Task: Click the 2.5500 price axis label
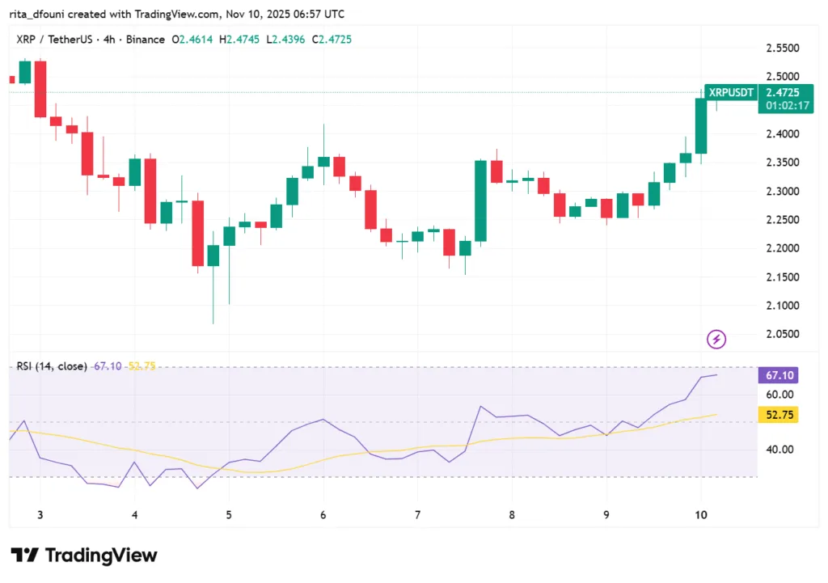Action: [x=783, y=48]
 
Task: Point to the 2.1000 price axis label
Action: [x=783, y=306]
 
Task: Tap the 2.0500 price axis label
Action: [x=783, y=334]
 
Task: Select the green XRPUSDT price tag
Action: [x=731, y=93]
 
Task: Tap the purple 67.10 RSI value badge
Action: [x=779, y=375]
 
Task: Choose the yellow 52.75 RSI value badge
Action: [x=779, y=415]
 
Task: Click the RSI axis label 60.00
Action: [x=779, y=395]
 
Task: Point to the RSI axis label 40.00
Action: [x=779, y=450]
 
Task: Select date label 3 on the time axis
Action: [x=40, y=515]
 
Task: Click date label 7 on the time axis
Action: [x=418, y=515]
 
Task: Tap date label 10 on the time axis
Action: [x=701, y=515]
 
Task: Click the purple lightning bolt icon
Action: [x=716, y=339]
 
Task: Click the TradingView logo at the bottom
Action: [x=84, y=556]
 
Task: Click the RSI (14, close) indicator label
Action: [x=52, y=366]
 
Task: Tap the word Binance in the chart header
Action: [x=143, y=40]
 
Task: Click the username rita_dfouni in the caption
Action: [x=40, y=14]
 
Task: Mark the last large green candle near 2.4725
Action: [x=701, y=125]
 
